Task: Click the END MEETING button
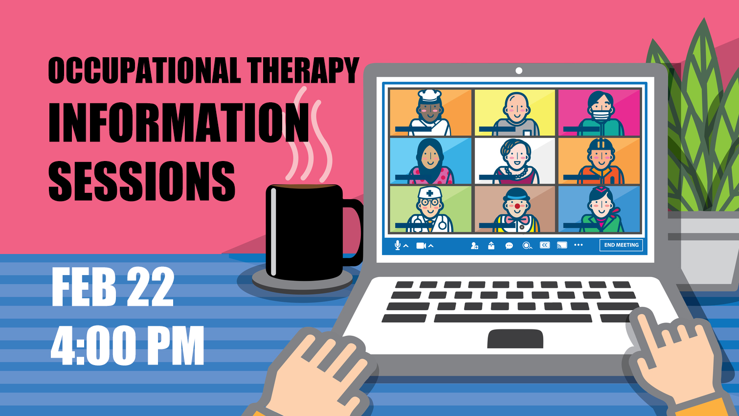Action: (x=621, y=245)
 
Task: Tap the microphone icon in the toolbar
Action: (x=398, y=245)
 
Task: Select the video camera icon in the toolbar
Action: (x=421, y=246)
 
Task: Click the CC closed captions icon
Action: (x=545, y=245)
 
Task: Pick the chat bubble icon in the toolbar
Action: (x=509, y=246)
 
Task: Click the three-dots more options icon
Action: (x=578, y=245)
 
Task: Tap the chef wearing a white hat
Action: (x=429, y=112)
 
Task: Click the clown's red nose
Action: (x=517, y=207)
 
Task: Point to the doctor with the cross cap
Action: (x=429, y=209)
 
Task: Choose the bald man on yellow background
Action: (x=516, y=114)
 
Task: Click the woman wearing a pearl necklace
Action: (x=516, y=162)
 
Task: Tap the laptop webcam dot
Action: (x=518, y=70)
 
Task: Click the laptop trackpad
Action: (x=515, y=338)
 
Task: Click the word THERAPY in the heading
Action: (x=303, y=70)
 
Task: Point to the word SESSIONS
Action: (x=142, y=181)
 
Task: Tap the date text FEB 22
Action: (x=113, y=287)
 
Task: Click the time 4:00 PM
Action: (x=127, y=346)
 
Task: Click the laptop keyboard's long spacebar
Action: (x=513, y=318)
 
